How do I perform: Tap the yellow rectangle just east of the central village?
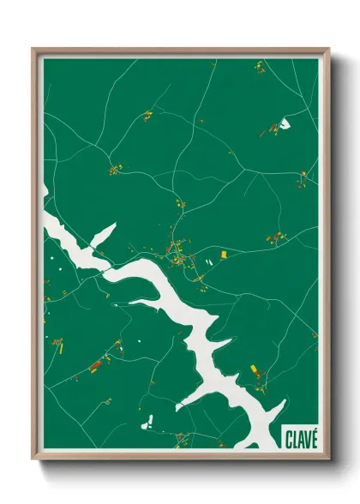224,254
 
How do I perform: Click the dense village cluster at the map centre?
178,252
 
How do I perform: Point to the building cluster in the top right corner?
260,67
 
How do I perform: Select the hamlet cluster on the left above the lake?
115,169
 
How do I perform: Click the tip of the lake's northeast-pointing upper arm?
113,226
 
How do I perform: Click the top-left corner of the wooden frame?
34,50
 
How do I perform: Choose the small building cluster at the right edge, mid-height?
303,180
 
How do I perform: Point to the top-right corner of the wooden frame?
328,50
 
